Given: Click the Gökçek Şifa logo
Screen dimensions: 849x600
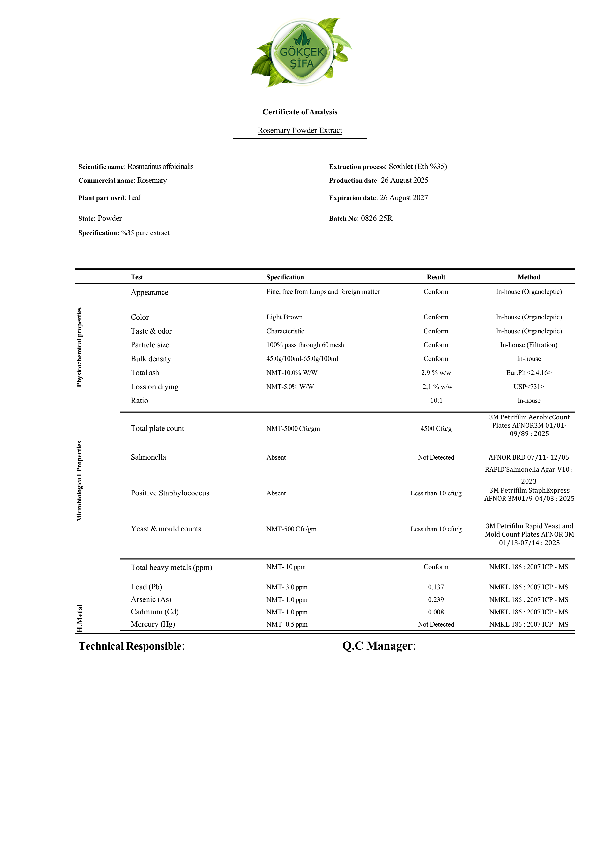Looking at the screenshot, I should pos(302,53).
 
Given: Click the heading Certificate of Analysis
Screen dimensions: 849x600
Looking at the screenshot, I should pos(300,112).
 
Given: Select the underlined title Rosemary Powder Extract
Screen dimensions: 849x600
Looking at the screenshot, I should pos(300,130).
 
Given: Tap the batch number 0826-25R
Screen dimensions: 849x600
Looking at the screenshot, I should pos(377,218).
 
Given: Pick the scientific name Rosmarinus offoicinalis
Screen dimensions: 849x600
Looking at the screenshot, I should pos(160,167).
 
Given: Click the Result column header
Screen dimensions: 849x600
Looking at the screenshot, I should pos(436,277).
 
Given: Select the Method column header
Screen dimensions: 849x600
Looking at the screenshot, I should pos(529,277).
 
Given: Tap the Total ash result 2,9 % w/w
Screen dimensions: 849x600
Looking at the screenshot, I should pos(436,373).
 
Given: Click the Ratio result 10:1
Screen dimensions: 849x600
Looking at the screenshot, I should pos(436,401).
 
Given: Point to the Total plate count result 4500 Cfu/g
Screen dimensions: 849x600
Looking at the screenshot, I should pos(436,429).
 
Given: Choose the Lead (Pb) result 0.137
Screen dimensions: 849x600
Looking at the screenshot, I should pos(436,587).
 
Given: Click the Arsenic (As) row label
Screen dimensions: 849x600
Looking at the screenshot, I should pos(151,599).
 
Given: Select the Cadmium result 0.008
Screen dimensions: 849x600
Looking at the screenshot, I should pos(436,612).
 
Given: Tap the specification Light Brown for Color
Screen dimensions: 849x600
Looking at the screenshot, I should pos(284,317).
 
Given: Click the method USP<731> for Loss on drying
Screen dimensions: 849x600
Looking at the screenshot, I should pos(529,387).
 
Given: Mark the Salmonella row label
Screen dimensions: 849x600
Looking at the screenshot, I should pos(148,457).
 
